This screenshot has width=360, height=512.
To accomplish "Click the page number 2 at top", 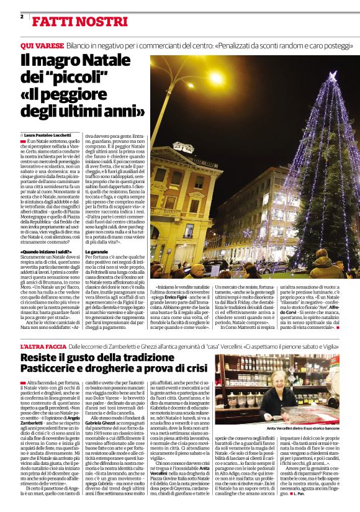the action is (x=22, y=17).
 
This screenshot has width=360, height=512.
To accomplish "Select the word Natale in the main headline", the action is (x=114, y=62).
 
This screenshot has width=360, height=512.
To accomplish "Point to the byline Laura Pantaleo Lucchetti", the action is (x=50, y=134).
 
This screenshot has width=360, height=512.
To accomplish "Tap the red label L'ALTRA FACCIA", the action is (x=43, y=346).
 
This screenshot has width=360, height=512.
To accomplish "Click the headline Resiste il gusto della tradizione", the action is (x=98, y=359).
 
